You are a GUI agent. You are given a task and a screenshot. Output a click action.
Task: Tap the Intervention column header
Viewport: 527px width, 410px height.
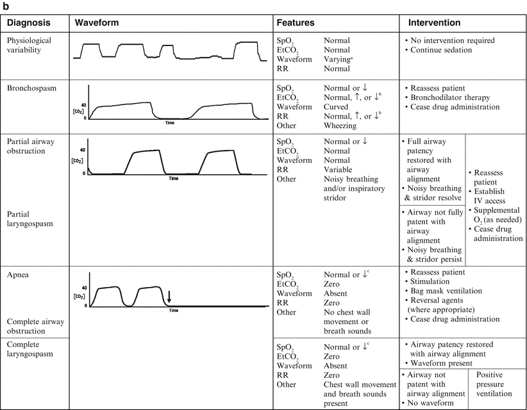(434, 22)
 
